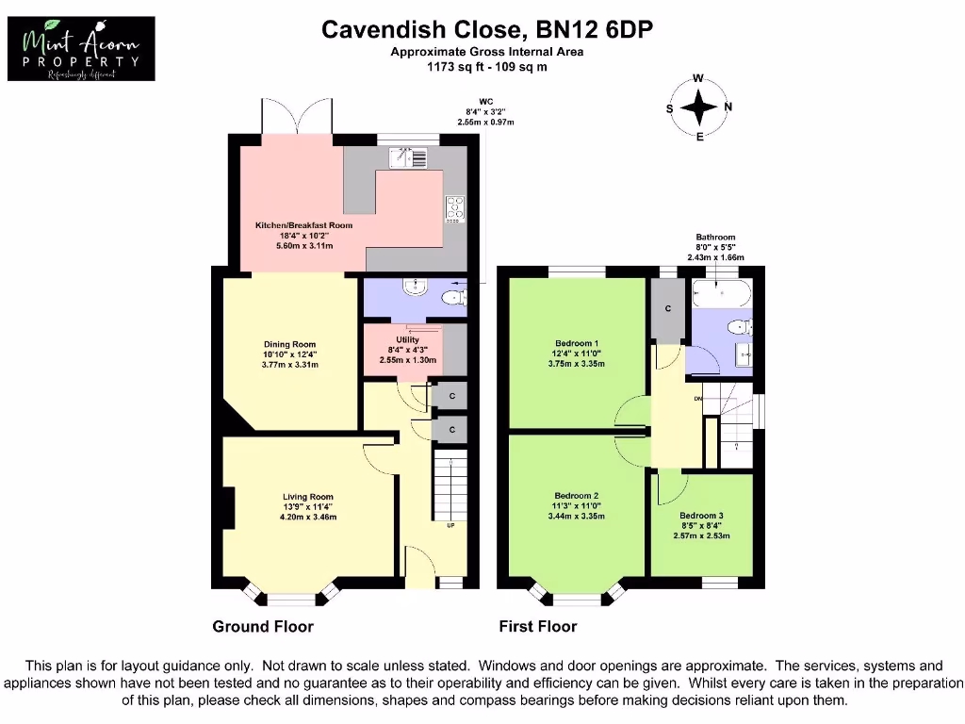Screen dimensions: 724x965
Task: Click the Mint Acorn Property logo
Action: point(81,49)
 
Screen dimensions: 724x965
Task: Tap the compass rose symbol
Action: point(698,107)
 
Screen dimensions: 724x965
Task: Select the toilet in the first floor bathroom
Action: point(740,328)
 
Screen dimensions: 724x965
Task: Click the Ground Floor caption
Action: point(263,626)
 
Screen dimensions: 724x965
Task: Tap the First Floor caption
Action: point(537,626)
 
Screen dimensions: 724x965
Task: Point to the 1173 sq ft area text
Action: point(486,67)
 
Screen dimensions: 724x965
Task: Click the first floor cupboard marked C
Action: point(667,309)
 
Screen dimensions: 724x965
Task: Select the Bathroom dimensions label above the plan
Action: point(715,247)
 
